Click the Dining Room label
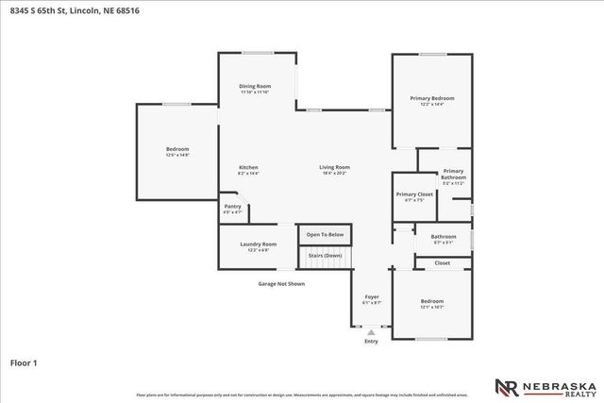click(255, 86)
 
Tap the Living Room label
click(334, 167)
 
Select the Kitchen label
click(248, 167)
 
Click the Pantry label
click(232, 207)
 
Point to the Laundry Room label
click(258, 243)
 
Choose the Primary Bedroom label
click(431, 98)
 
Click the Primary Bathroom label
click(453, 175)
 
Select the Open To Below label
click(325, 234)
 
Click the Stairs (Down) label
click(326, 256)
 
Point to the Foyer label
click(372, 296)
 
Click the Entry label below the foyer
click(371, 341)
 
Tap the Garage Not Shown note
click(281, 283)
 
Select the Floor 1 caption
click(23, 361)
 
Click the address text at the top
click(65, 10)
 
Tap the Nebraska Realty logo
click(545, 387)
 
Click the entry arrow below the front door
click(371, 331)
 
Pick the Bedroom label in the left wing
click(177, 149)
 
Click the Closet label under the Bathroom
click(442, 262)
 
